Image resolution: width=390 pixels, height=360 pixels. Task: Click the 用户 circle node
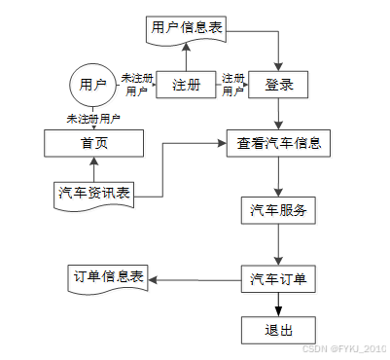pyautogui.click(x=92, y=85)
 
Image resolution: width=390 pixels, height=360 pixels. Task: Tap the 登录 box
pyautogui.click(x=278, y=85)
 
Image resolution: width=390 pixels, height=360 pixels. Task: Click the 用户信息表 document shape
pyautogui.click(x=186, y=28)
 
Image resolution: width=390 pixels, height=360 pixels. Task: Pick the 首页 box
pyautogui.click(x=93, y=144)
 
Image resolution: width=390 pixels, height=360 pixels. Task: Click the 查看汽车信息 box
pyautogui.click(x=279, y=144)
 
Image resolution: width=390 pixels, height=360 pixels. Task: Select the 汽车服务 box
pyautogui.click(x=279, y=209)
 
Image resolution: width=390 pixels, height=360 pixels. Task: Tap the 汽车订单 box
pyautogui.click(x=279, y=279)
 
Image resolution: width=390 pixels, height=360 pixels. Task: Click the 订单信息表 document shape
pyautogui.click(x=108, y=277)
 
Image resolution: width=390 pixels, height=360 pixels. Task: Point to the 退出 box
pyautogui.click(x=279, y=329)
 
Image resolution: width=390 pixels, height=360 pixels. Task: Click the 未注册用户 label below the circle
pyautogui.click(x=93, y=119)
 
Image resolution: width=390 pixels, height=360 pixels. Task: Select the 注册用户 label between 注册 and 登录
pyautogui.click(x=233, y=85)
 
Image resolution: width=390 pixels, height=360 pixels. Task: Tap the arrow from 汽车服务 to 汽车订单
pyautogui.click(x=279, y=243)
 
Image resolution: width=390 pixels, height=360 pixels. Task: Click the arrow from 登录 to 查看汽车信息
pyautogui.click(x=279, y=114)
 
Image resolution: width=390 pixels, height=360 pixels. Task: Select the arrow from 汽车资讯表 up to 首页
pyautogui.click(x=93, y=168)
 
